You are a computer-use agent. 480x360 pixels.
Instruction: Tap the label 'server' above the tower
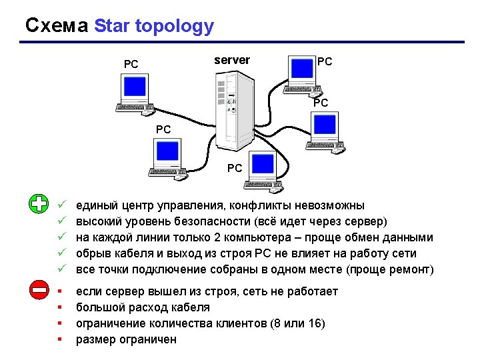(232, 60)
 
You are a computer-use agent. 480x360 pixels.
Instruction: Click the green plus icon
(40, 204)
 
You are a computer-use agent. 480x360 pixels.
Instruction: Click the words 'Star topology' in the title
(154, 26)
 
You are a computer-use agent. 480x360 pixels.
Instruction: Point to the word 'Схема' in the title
(57, 26)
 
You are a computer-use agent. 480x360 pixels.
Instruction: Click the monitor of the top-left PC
(135, 87)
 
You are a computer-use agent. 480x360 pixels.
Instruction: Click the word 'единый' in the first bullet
(97, 205)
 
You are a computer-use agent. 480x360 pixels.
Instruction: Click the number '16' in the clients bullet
(316, 323)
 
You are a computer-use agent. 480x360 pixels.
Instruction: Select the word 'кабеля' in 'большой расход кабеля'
(191, 307)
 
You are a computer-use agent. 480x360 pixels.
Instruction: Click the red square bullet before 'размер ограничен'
(60, 339)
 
